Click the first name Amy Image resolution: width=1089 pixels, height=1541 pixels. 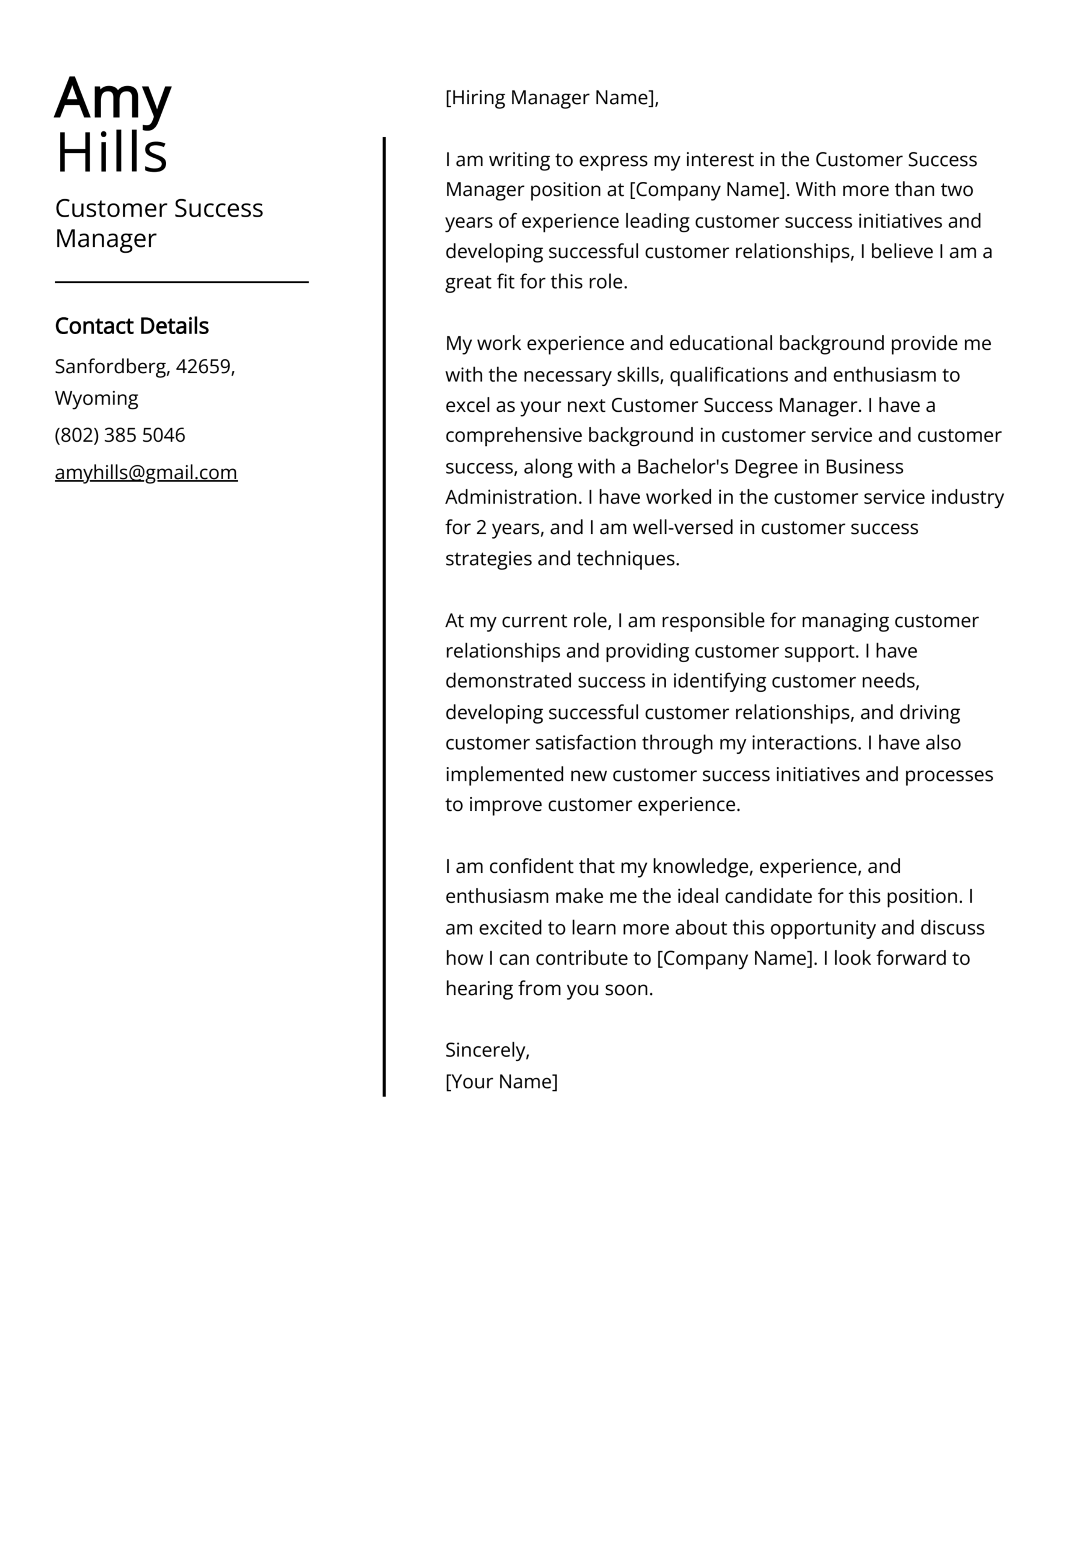(113, 99)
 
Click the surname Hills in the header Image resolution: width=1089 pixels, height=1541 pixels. (111, 153)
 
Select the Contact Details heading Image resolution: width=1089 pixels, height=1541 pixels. (132, 326)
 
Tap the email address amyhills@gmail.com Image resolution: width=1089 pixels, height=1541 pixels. (146, 473)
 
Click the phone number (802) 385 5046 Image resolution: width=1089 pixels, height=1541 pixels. (120, 435)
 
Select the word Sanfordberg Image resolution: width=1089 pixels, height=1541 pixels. (111, 367)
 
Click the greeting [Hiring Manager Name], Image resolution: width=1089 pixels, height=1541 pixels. (552, 98)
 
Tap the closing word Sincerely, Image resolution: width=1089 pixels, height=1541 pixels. (487, 1050)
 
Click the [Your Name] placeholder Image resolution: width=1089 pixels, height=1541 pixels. (501, 1081)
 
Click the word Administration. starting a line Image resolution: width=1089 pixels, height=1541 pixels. (513, 497)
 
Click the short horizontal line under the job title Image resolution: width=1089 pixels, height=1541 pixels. (181, 282)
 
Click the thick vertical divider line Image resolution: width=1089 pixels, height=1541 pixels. (384, 604)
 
